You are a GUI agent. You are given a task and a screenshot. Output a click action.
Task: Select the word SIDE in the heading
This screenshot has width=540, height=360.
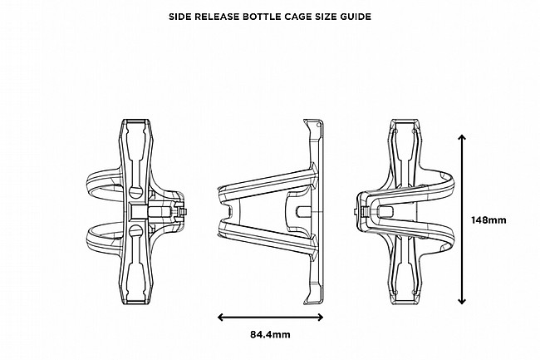point(183,16)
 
